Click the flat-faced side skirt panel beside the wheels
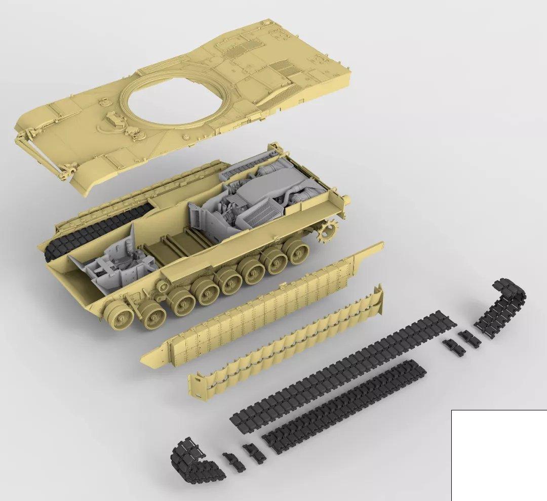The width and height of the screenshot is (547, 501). click(258, 314)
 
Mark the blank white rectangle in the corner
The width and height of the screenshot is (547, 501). click(499, 455)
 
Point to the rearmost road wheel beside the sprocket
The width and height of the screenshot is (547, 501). click(296, 251)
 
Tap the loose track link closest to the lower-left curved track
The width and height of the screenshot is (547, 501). click(232, 461)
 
